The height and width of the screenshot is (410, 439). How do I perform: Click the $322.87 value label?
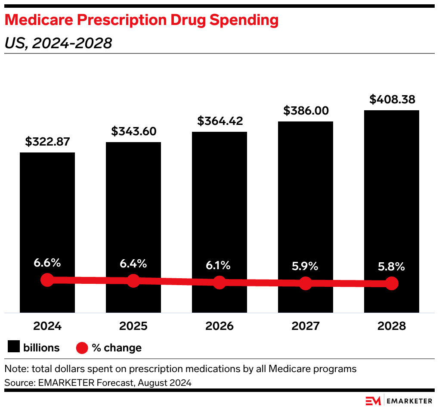click(47, 142)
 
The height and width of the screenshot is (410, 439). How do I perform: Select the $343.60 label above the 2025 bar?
click(133, 131)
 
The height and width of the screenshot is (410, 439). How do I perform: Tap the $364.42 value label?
click(219, 121)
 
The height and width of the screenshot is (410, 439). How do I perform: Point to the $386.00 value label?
click(306, 111)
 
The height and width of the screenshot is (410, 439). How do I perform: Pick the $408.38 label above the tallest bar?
click(392, 99)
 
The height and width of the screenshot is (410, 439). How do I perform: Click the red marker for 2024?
click(47, 280)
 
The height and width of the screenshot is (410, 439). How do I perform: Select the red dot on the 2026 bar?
click(219, 283)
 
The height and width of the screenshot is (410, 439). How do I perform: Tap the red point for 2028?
click(392, 283)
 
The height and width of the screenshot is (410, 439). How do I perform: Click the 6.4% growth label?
click(133, 263)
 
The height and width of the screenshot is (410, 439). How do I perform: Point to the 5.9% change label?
click(306, 266)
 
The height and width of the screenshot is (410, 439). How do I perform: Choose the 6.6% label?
click(47, 262)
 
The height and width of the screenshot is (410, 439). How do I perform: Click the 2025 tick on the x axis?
click(133, 326)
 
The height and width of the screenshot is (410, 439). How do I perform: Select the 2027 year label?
click(306, 326)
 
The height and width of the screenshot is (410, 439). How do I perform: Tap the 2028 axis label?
click(392, 326)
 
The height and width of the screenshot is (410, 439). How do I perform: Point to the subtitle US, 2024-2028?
click(58, 43)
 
